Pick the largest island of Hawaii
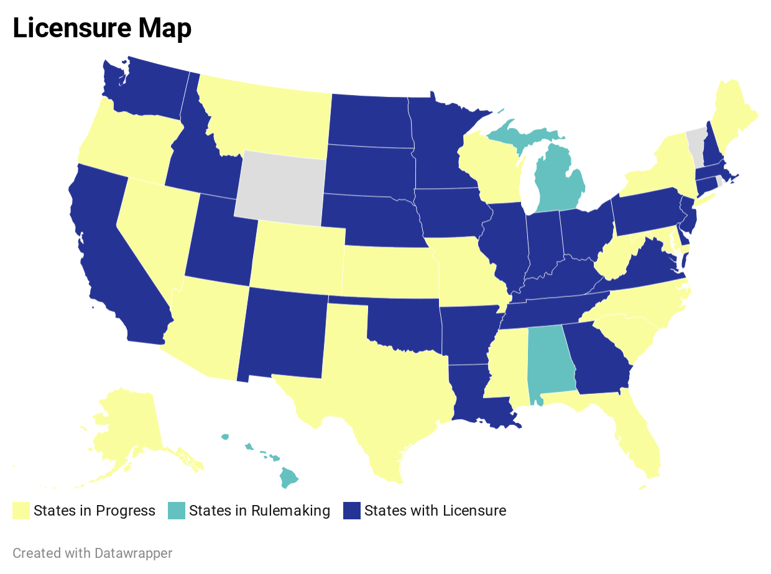point(289,478)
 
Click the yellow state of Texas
point(373,385)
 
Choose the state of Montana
point(267,118)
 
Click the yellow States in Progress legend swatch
point(21,511)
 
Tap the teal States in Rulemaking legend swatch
point(177,511)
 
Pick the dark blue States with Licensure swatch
point(352,511)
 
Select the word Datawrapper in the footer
point(134,553)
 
